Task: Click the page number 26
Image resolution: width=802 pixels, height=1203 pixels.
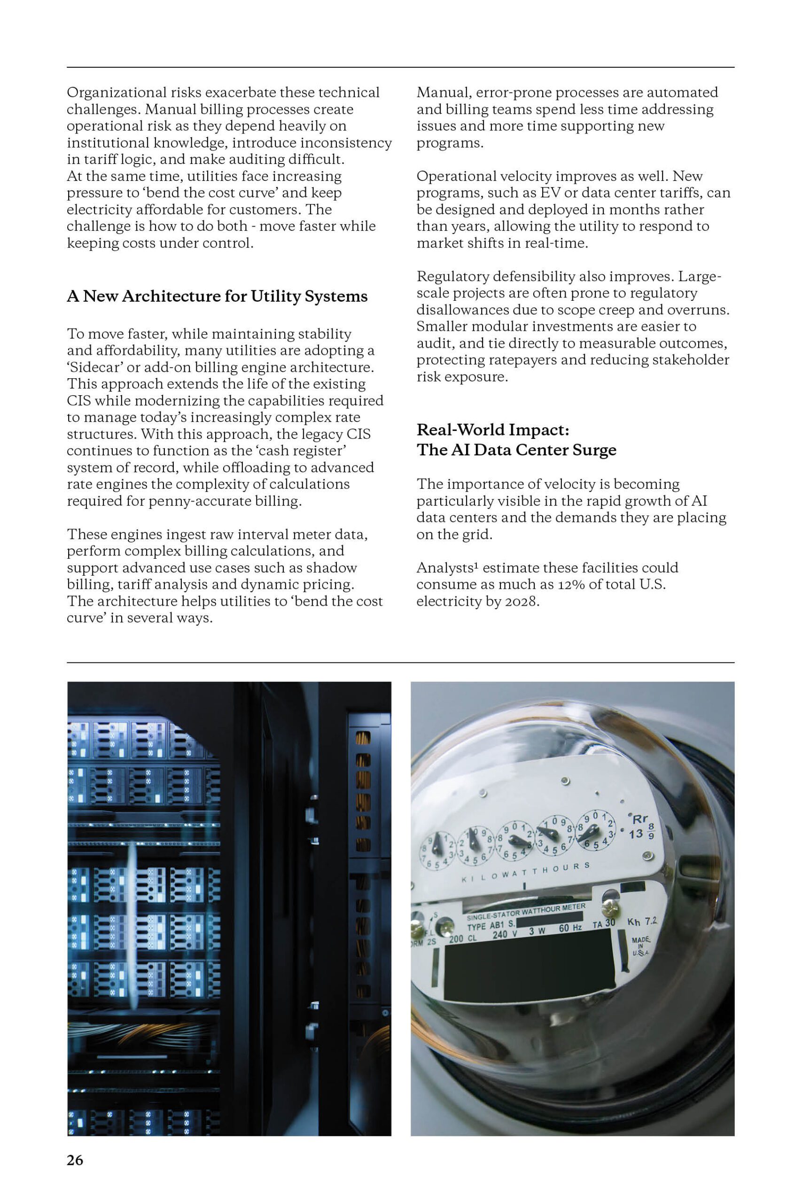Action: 75,1159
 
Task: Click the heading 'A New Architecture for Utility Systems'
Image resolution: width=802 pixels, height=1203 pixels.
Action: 217,296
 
